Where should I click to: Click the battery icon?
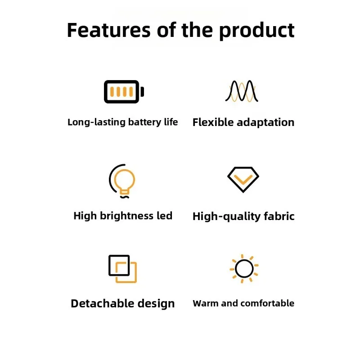(123, 92)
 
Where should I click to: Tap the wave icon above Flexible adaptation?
(243, 91)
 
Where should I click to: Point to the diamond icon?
(243, 180)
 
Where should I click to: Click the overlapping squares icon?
(122, 269)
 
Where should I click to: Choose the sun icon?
(244, 269)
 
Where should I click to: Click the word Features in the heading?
(108, 30)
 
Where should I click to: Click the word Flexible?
(213, 122)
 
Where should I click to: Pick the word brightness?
(126, 216)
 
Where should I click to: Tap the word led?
(164, 216)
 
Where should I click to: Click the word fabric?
(278, 216)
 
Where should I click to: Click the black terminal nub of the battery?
(142, 92)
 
